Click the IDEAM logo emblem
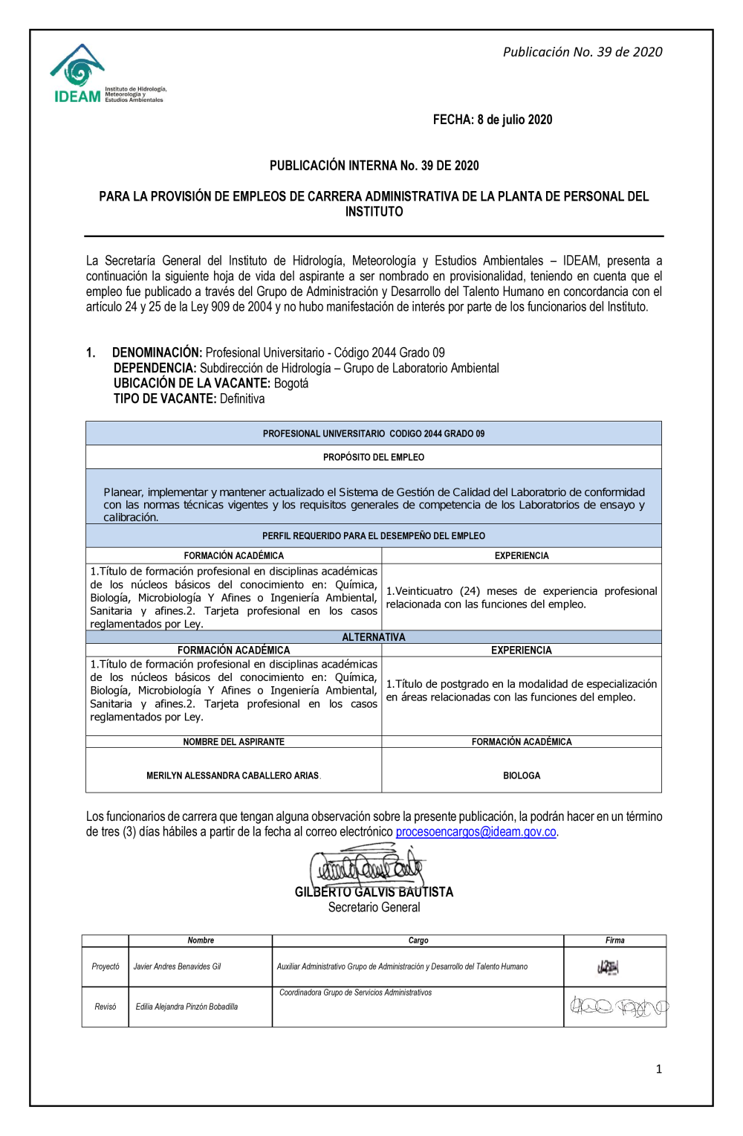pos(77,68)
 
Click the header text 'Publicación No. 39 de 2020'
pos(582,52)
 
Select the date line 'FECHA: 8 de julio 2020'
pos(493,120)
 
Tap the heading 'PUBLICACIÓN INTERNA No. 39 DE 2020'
pos(374,166)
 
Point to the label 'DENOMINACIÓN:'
pos(157,352)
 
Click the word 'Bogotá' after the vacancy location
pos(291,384)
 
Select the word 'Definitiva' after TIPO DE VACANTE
pos(242,399)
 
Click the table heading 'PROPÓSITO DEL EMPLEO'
pos(374,457)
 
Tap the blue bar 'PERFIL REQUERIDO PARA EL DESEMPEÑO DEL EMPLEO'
pos(374,536)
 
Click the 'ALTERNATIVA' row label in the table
pos(374,637)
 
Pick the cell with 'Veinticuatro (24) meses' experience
pos(522,598)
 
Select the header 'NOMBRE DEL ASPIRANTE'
pos(234,742)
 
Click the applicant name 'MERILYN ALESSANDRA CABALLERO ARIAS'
pos(233,775)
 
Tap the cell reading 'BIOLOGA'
pos(522,775)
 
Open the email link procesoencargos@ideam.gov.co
pos(476,832)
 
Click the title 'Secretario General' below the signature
pos(374,908)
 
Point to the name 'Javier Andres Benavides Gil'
pos(177,966)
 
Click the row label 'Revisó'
pos(106,1007)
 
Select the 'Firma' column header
pos(614,940)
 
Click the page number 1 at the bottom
pos(658,1069)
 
